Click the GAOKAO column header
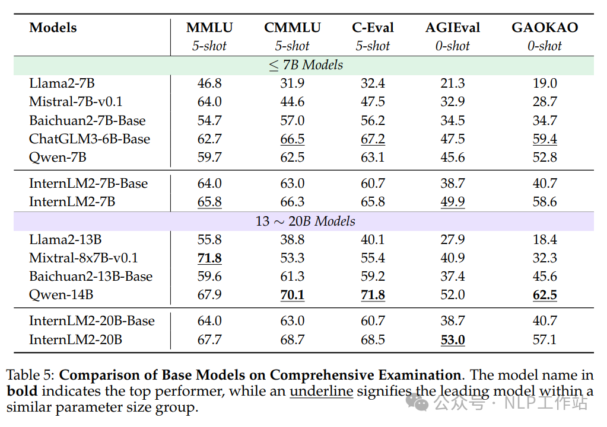545,27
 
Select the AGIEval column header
453,27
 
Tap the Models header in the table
53,27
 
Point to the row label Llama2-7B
62,83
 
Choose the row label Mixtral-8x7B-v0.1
84,258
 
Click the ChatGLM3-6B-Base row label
90,139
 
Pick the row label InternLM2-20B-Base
92,321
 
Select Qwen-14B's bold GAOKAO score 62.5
545,295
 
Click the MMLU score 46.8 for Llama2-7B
209,83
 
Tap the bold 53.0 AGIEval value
453,340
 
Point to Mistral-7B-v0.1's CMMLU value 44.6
293,102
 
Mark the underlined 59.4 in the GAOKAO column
545,139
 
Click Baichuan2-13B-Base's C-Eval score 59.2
373,277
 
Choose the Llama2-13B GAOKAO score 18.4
545,240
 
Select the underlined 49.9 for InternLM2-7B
453,202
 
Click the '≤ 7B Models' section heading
306,65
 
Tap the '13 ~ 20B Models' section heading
305,221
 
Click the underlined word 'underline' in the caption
322,391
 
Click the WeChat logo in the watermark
417,403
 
